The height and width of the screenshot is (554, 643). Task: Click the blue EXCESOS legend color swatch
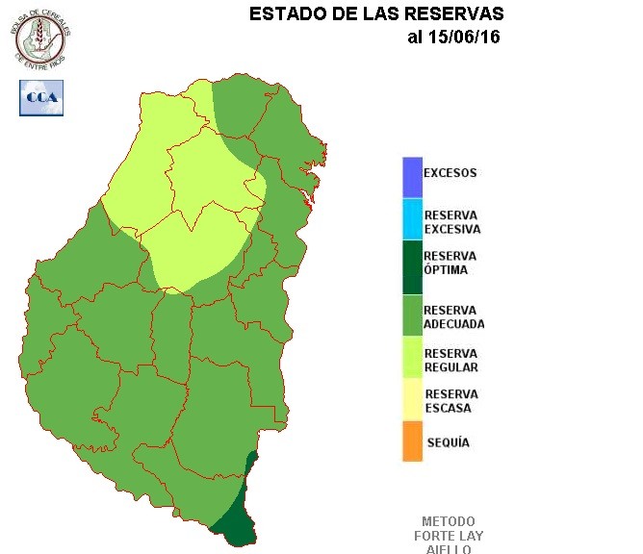pyautogui.click(x=413, y=175)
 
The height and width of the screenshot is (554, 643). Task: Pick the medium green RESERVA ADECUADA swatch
pyautogui.click(x=413, y=316)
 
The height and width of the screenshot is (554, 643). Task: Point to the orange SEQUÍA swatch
pyautogui.click(x=413, y=441)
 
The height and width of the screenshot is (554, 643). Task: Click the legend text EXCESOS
pyautogui.click(x=450, y=174)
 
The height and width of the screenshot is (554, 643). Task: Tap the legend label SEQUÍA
pyautogui.click(x=448, y=442)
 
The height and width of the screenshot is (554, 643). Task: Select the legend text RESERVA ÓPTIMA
pyautogui.click(x=450, y=264)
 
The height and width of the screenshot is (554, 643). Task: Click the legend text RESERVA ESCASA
pyautogui.click(x=450, y=401)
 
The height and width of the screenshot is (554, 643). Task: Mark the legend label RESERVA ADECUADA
pyautogui.click(x=453, y=317)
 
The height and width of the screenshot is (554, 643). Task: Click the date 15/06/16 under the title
pyautogui.click(x=465, y=38)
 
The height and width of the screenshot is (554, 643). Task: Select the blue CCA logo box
pyautogui.click(x=41, y=98)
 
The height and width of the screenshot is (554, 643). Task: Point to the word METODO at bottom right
pyautogui.click(x=450, y=521)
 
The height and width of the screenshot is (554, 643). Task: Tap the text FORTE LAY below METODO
pyautogui.click(x=450, y=536)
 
